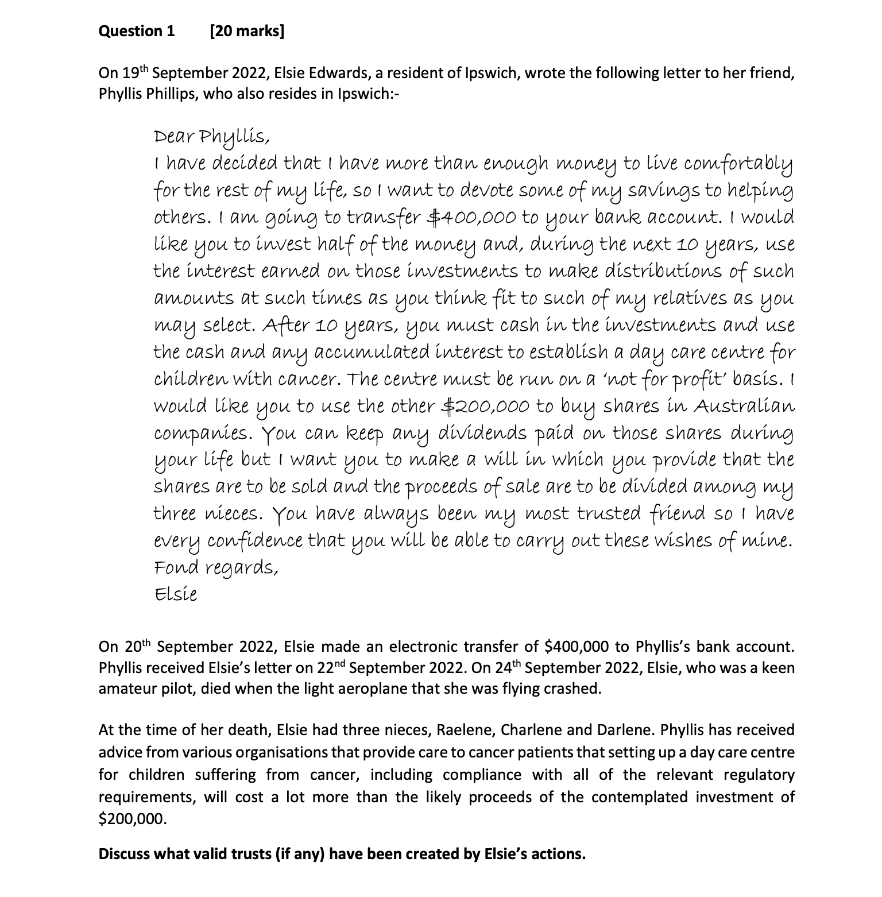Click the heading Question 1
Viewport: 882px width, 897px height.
(137, 31)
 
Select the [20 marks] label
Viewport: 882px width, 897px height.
(247, 31)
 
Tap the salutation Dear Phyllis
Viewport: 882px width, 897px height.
(211, 138)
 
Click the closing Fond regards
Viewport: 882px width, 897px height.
(216, 568)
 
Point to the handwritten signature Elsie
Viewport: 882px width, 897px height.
(176, 594)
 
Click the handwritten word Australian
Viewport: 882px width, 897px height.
(744, 407)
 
